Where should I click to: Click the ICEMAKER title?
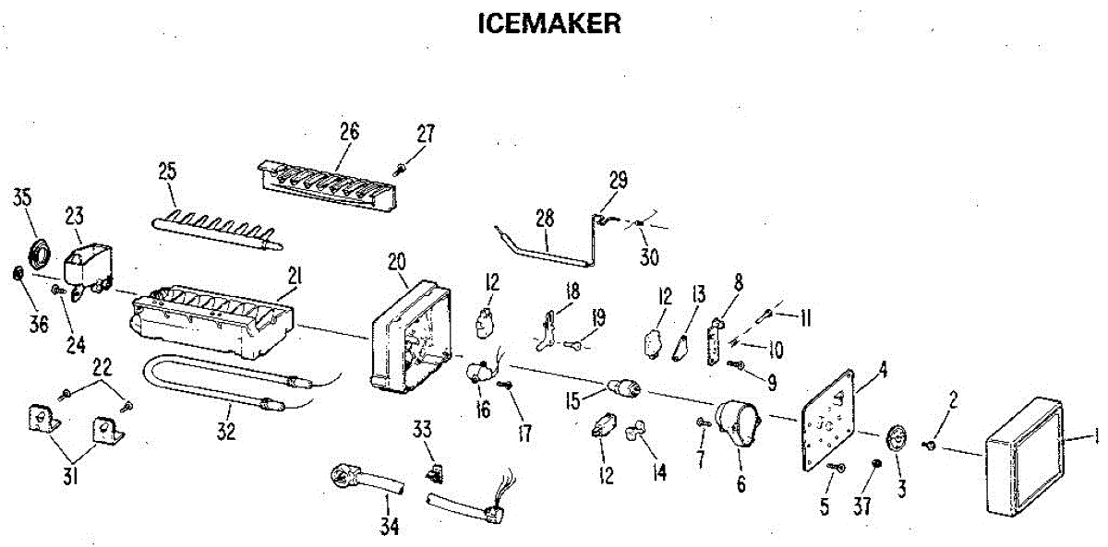click(x=549, y=24)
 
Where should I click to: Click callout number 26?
click(x=349, y=132)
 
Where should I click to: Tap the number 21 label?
click(x=295, y=276)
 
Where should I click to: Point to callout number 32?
click(x=226, y=431)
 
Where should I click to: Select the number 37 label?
click(x=861, y=505)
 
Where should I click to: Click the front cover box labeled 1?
click(x=1024, y=458)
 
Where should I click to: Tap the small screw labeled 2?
click(x=929, y=446)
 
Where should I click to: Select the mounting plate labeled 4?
click(x=828, y=421)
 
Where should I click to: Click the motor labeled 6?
click(x=737, y=425)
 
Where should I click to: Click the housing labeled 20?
click(x=412, y=337)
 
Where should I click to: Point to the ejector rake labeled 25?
click(x=217, y=232)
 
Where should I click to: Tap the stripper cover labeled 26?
click(x=328, y=185)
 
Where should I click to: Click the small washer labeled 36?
click(x=18, y=273)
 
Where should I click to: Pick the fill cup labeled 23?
click(x=88, y=268)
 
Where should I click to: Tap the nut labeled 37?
click(x=876, y=463)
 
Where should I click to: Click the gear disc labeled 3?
click(x=897, y=438)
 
